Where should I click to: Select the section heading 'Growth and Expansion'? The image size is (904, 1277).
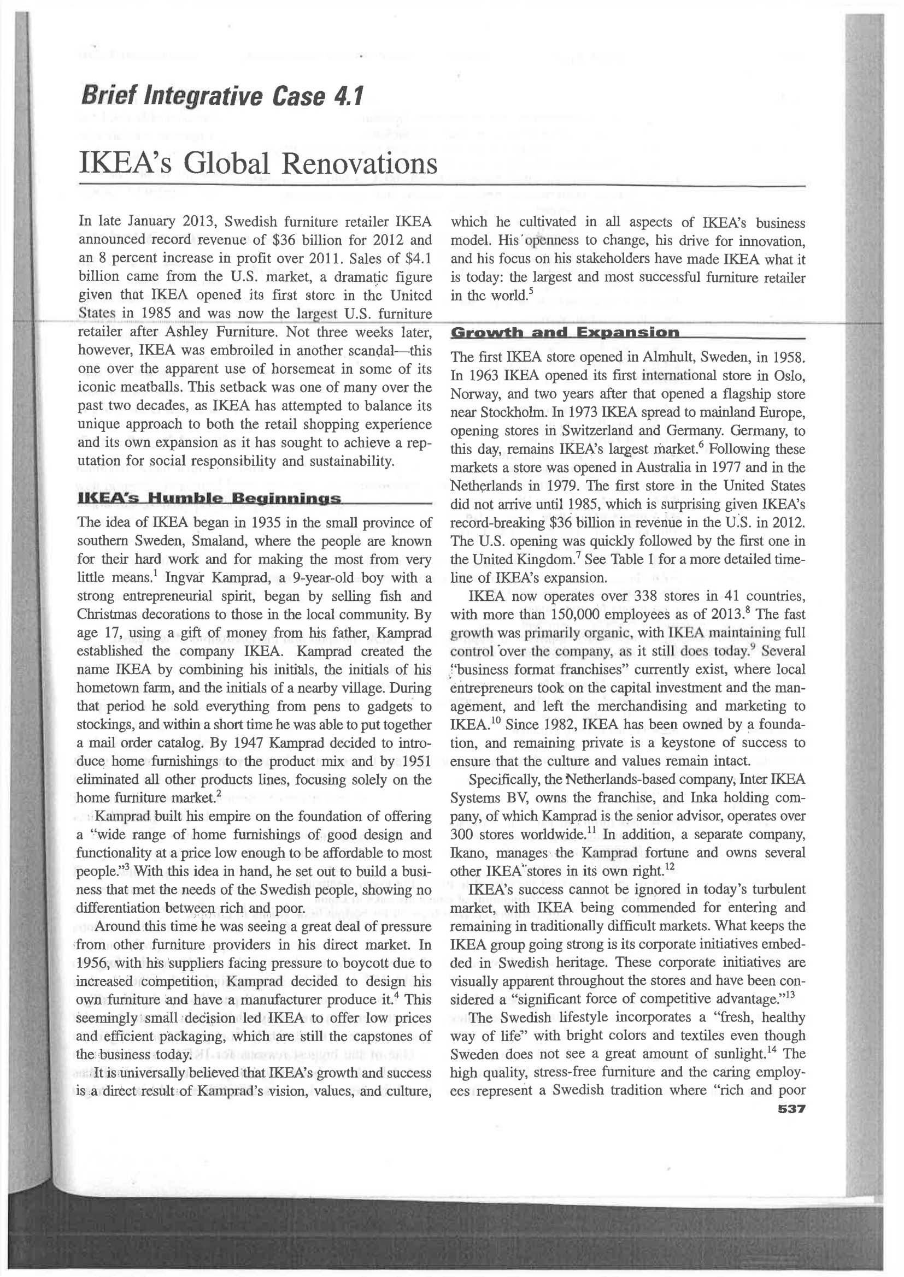(565, 333)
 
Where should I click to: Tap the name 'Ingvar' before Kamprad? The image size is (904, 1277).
(185, 578)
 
